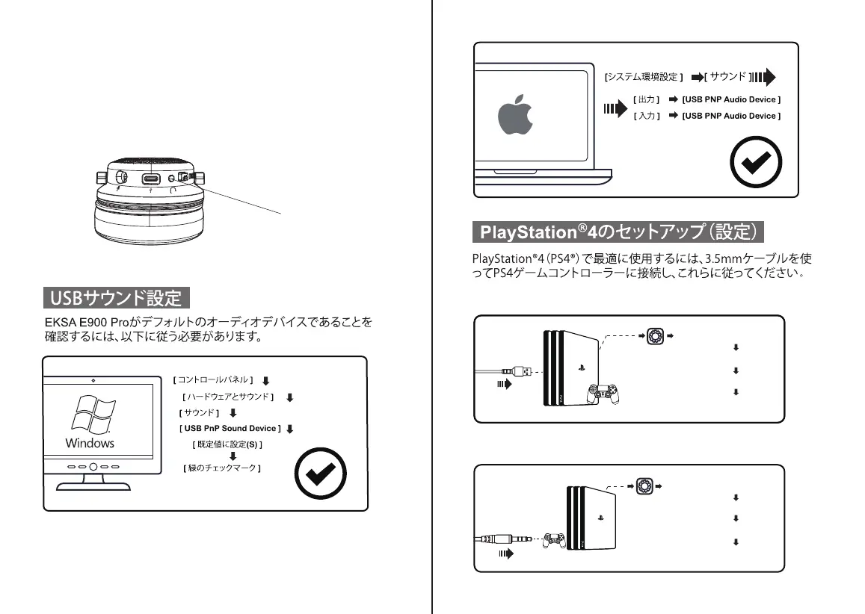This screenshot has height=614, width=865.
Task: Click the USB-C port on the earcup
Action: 152,179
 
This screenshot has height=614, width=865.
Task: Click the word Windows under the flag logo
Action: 90,443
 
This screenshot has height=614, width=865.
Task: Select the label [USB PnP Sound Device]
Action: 230,429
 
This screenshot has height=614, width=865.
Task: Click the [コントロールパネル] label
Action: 214,380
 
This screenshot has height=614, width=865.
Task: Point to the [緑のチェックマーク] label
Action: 221,468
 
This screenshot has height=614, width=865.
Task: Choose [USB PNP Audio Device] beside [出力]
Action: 731,99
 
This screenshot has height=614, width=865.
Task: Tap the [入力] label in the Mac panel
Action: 647,116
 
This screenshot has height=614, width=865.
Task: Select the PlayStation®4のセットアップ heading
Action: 618,232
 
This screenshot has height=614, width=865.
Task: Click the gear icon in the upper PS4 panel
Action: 654,336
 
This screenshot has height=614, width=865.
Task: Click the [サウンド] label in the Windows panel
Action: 199,413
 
